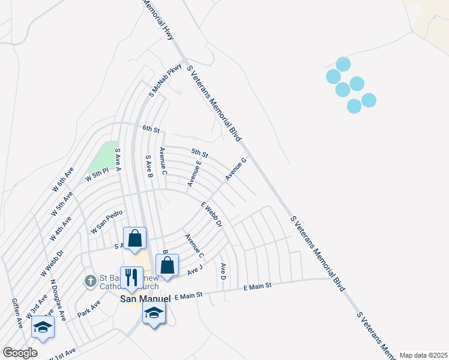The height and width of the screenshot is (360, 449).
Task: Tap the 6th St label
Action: pos(151,129)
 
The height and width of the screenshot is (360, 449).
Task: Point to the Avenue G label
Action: pos(237,169)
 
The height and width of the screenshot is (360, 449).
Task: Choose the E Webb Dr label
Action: pos(211,214)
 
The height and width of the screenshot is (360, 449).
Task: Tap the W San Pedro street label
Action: pos(107,222)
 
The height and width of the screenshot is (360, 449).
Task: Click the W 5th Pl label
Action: pos(97,175)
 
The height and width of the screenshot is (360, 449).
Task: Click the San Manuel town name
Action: pos(142,298)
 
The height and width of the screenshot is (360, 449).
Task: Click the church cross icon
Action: pos(90,280)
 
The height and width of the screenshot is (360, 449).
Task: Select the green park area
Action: pos(103,157)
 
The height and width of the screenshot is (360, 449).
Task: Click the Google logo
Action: pos(20,353)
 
